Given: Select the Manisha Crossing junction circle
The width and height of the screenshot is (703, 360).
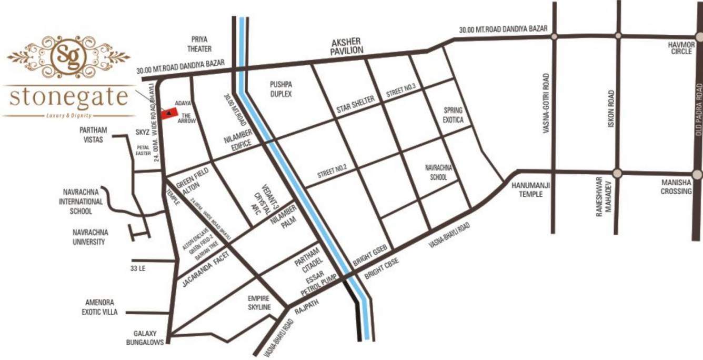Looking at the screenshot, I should tap(697, 174).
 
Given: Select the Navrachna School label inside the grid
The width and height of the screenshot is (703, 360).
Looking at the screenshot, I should tap(439, 172).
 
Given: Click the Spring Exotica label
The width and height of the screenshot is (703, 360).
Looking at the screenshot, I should tap(453, 115).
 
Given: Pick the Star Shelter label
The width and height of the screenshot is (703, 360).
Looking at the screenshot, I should tap(356, 105).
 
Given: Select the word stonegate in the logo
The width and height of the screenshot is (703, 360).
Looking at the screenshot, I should tap(69, 97).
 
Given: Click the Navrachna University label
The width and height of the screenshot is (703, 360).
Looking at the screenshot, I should tap(89, 238).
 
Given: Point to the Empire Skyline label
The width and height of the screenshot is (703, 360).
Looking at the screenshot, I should tap(259, 303).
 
